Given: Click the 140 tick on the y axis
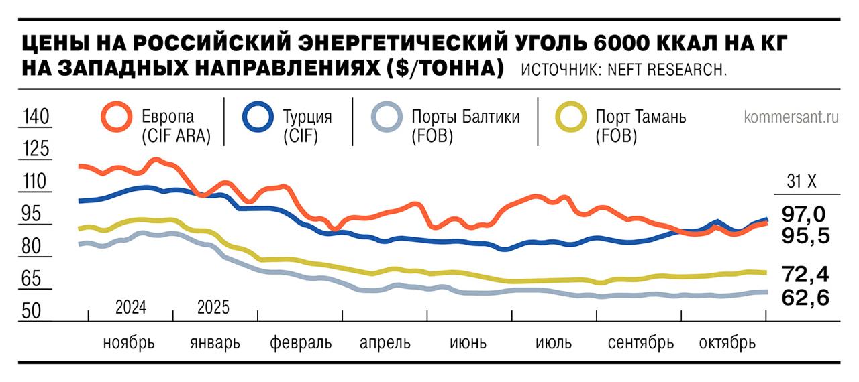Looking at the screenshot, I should point(36,117).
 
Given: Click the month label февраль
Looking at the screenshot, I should point(301,343).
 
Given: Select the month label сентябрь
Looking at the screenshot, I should point(640,343).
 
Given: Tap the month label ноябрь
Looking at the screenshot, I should point(129,343).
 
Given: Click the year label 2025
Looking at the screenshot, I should point(213,308).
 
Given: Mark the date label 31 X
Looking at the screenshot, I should point(801,182).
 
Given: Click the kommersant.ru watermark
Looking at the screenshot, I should point(791,117).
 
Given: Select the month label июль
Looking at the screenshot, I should point(554,343).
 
